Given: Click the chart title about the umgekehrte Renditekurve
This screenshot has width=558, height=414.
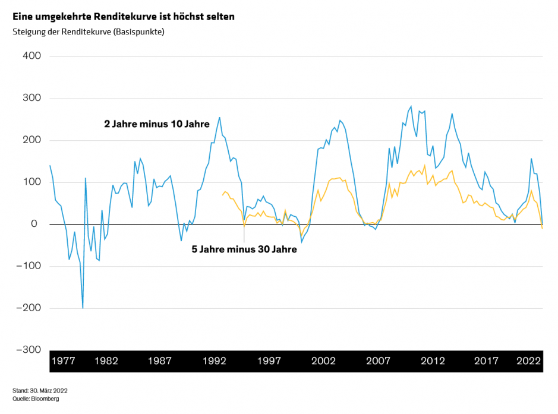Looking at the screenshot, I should [x=124, y=17].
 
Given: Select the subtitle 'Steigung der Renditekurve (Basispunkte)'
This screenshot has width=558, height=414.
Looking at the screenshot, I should [x=89, y=32].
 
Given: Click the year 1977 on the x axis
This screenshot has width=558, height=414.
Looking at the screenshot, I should [x=63, y=361].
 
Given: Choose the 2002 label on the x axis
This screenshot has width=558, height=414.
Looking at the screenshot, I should [x=324, y=361].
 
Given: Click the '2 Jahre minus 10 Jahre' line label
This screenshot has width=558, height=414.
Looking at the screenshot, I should [x=157, y=124].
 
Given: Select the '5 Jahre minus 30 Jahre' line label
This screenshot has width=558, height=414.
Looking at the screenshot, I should [x=244, y=250].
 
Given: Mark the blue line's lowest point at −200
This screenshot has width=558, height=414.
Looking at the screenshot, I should [x=83, y=308].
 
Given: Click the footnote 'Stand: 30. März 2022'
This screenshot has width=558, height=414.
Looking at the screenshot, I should [x=40, y=390].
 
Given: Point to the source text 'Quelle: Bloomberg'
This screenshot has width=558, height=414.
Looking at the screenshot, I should [x=36, y=399].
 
